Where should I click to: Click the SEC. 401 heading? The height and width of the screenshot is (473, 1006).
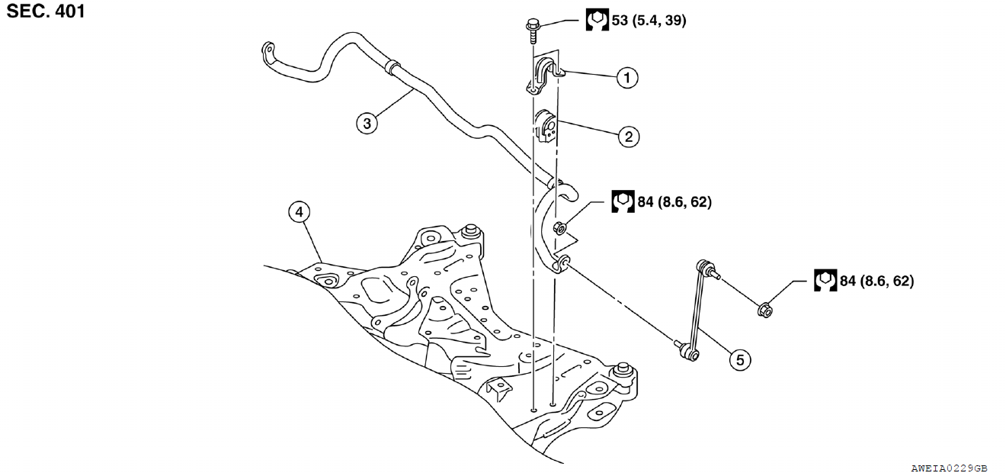(46, 11)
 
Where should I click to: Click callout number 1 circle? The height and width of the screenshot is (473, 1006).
(627, 77)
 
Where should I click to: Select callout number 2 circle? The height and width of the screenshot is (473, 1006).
(628, 137)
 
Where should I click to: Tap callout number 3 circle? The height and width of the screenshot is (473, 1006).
(367, 124)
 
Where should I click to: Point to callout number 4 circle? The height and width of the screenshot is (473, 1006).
(300, 212)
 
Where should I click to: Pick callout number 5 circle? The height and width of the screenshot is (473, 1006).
(738, 358)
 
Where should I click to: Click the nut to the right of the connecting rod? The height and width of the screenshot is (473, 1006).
(766, 310)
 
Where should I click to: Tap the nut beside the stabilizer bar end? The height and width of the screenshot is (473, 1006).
(559, 227)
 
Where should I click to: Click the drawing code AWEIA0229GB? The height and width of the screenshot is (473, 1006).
(949, 467)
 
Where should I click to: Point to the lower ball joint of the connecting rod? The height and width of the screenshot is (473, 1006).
(689, 352)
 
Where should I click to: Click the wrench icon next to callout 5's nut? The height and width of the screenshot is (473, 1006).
(823, 280)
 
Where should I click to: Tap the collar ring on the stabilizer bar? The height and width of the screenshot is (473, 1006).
(393, 66)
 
